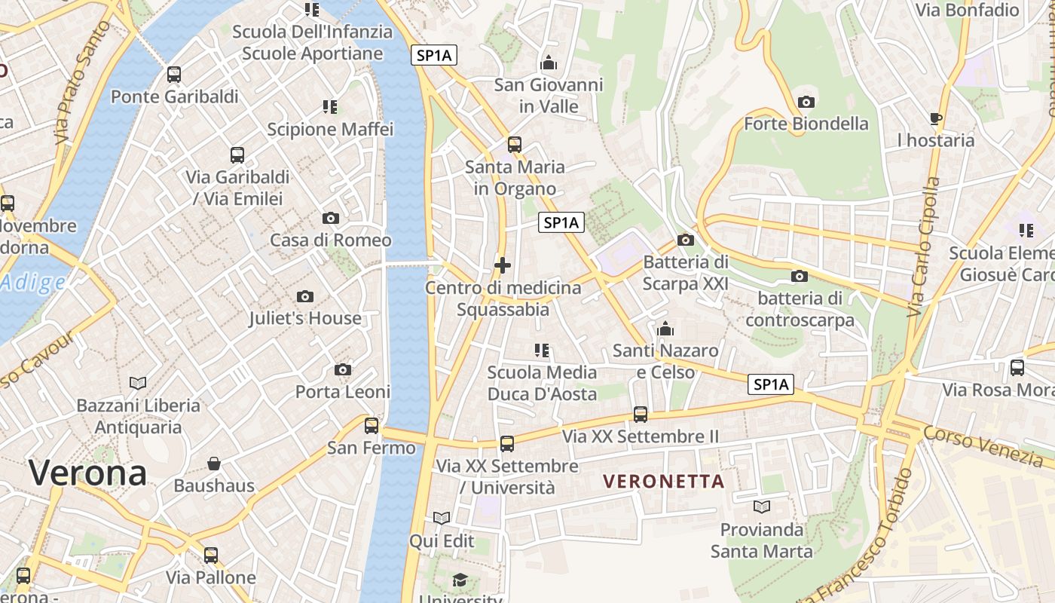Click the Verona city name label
(87, 473)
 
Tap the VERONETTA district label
(664, 481)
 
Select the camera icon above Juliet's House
(305, 296)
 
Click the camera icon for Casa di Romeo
(330, 219)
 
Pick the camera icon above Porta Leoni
(343, 369)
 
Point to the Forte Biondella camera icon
(806, 102)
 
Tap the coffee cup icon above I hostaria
(936, 118)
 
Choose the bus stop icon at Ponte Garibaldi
(174, 75)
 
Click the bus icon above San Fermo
(372, 425)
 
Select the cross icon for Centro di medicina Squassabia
(503, 265)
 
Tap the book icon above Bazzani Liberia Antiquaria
(138, 383)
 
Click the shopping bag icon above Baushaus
(214, 463)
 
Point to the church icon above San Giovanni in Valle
(549, 63)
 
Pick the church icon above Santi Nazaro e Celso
(665, 329)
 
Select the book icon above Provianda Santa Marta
(762, 507)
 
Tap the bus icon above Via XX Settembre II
(641, 414)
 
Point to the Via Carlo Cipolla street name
(925, 246)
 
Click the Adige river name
(32, 283)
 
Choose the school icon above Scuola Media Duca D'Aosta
(542, 350)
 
